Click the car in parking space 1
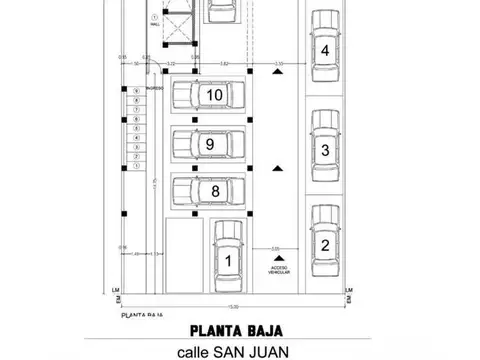[228, 258]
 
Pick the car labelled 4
[324, 49]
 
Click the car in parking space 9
[209, 144]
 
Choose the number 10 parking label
[212, 95]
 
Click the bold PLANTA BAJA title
[239, 329]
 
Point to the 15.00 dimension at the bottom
[232, 306]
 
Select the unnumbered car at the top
[222, 10]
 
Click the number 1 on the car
[228, 262]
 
